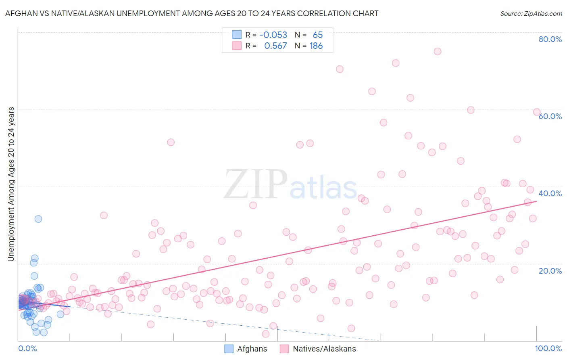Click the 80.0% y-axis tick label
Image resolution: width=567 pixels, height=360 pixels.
(550, 39)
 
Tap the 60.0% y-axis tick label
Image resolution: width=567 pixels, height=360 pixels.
(550, 116)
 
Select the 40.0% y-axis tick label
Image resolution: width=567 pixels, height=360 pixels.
(550, 193)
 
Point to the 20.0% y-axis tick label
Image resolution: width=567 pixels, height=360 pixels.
(550, 271)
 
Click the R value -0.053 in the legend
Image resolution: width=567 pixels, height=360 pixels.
(273, 35)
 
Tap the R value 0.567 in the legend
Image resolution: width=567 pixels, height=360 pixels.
(275, 46)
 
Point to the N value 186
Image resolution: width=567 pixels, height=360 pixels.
(316, 46)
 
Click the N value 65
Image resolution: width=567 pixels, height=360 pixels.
(318, 35)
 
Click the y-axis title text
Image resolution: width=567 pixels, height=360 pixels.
(11, 184)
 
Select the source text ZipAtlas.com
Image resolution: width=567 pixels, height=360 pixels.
(531, 14)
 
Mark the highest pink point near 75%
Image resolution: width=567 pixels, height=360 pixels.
(437, 51)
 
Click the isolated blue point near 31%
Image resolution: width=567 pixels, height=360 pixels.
(38, 219)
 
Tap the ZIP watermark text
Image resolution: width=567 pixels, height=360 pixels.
(256, 184)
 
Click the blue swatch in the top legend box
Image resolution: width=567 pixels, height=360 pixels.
(237, 35)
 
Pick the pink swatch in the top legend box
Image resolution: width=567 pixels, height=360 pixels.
(237, 46)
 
